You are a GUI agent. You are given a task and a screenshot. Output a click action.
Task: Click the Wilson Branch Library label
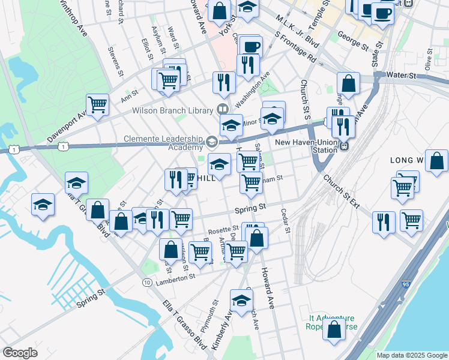(x=173, y=110)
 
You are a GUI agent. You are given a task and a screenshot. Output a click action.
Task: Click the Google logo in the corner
(x=20, y=352)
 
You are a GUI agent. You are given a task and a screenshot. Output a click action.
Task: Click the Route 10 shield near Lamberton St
(x=146, y=282)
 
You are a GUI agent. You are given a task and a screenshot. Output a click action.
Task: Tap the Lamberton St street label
(x=175, y=277)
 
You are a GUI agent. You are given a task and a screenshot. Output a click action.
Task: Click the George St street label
(x=353, y=40)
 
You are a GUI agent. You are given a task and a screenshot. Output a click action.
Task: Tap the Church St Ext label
(x=340, y=191)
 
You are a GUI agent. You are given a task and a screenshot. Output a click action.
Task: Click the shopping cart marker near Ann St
(x=97, y=104)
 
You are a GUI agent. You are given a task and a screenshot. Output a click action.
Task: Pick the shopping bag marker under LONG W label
(x=436, y=160)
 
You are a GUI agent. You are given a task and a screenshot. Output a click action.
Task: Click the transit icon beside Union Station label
(x=345, y=145)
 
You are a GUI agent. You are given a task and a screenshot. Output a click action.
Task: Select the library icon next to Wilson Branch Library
(x=223, y=110)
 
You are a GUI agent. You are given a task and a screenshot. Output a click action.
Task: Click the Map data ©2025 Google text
(x=411, y=355)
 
